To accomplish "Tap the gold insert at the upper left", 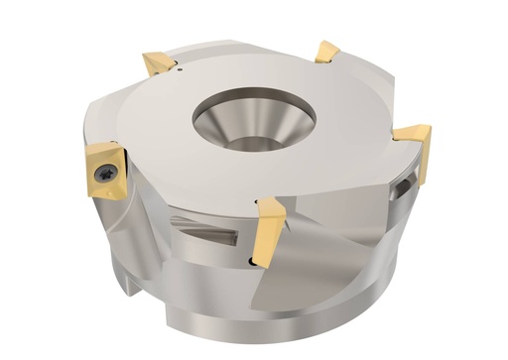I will click(x=158, y=64).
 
